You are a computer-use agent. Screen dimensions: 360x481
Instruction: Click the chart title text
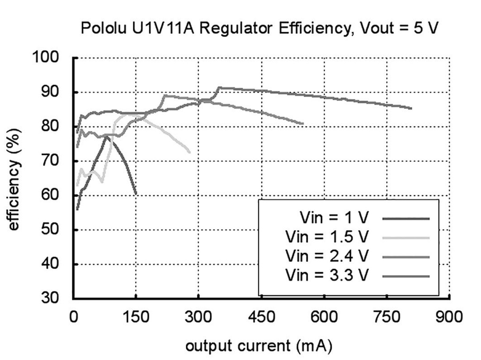[x=260, y=28]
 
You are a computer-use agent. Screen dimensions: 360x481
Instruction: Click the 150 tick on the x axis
[x=136, y=317]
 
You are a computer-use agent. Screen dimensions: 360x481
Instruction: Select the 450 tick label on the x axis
[x=261, y=317]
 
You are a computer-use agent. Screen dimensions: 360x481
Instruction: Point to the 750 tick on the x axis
[x=387, y=317]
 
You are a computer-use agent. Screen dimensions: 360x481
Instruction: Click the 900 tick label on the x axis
[x=450, y=317]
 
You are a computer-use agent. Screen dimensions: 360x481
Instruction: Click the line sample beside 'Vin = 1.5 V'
[x=406, y=237]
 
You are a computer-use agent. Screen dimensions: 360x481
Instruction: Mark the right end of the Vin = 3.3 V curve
[x=411, y=108]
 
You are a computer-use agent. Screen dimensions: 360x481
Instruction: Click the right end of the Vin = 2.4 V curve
[x=303, y=124]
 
